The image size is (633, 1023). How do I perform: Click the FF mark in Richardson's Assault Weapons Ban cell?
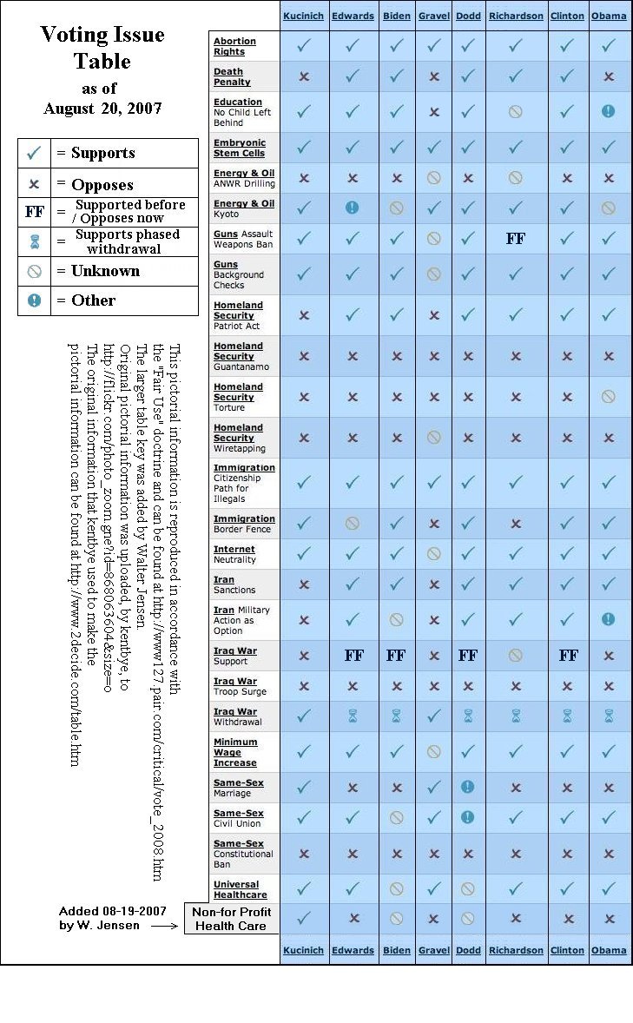[x=516, y=239]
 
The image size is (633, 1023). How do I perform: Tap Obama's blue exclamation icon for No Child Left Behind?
[x=608, y=112]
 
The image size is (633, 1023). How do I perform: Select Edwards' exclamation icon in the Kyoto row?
[x=353, y=208]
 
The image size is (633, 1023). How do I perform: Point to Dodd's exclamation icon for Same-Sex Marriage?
[x=468, y=787]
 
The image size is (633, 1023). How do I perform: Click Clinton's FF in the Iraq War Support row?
[x=569, y=656]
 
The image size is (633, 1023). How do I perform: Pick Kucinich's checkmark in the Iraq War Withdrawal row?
[x=304, y=716]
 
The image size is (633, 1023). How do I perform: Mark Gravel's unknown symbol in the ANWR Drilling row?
[x=434, y=178]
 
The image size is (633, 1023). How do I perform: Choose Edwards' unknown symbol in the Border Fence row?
[x=353, y=524]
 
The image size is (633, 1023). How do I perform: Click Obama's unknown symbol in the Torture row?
[x=608, y=397]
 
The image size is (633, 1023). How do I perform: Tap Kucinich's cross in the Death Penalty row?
[x=304, y=76]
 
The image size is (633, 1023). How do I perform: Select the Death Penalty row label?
[x=232, y=76]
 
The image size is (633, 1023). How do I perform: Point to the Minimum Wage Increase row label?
[x=235, y=752]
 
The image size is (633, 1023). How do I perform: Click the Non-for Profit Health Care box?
[x=232, y=919]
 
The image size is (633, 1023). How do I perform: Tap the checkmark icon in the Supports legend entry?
[x=34, y=154]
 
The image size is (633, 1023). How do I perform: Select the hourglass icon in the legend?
[x=34, y=241]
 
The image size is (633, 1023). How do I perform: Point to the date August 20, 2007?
[x=102, y=109]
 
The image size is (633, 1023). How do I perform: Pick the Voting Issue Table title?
[x=102, y=48]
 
